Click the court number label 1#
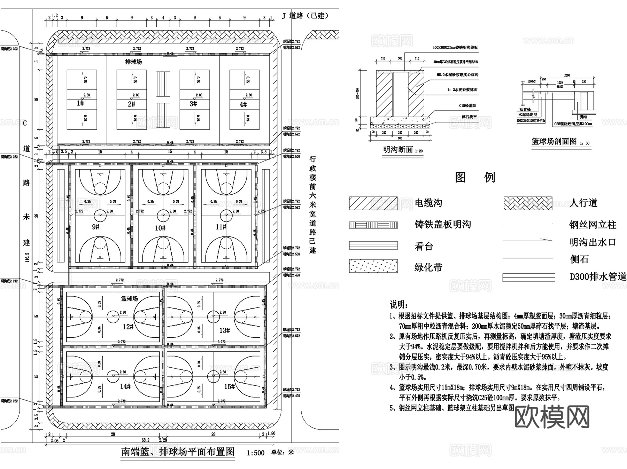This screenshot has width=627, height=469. click(80, 103)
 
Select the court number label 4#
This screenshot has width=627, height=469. click(243, 104)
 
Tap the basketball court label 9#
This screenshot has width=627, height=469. click(96, 227)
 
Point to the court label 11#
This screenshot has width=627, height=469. click(221, 227)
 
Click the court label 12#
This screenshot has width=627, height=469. click(128, 327)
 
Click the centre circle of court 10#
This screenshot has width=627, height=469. click(163, 216)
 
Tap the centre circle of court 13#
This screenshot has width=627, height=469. click(213, 317)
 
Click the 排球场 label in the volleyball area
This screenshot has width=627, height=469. click(133, 62)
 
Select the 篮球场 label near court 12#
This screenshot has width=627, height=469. click(129, 299)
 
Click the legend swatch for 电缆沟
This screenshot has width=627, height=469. click(373, 203)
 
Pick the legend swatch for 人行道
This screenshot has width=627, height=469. click(528, 203)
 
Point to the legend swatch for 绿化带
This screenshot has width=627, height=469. click(373, 266)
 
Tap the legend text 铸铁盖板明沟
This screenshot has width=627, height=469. click(443, 225)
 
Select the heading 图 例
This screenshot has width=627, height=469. click(475, 178)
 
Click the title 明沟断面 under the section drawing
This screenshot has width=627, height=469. click(398, 150)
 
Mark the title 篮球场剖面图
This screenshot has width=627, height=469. click(554, 141)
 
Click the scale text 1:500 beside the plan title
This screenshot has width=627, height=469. click(256, 453)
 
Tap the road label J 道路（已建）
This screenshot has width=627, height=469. click(305, 16)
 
